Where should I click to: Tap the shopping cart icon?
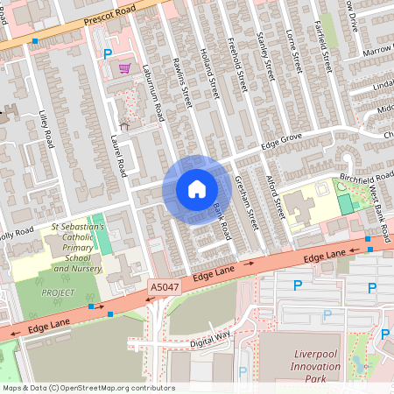125,67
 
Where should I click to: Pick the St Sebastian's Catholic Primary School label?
77,248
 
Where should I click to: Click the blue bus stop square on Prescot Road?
35,41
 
